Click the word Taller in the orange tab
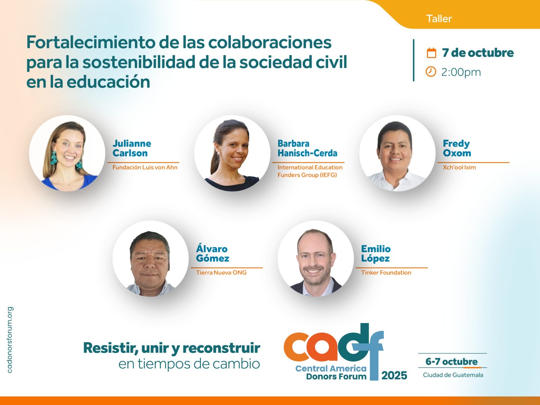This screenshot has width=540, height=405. pos(439,19)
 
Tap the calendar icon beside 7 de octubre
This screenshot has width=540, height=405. pos(431,53)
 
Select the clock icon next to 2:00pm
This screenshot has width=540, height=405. pos(431,72)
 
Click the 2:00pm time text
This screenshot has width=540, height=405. pos(461,72)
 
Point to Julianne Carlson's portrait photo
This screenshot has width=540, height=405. pos(67,154)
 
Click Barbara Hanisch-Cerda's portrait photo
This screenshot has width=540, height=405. pos(232,154)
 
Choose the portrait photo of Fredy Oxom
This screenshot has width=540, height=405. pos(397,154)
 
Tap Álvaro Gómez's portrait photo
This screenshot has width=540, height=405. pos(151,259)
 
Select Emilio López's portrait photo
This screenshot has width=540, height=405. pos(316,259)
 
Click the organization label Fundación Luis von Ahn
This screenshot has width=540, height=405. pos(145,167)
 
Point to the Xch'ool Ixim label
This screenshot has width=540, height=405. pos(459,167)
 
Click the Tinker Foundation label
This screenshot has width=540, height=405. pos(386,272)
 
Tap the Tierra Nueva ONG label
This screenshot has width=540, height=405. pos(221,272)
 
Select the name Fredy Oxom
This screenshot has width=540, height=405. pos(457,148)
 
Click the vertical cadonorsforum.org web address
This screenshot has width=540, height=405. pos(9,340)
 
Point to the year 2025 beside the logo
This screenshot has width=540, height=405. pos(394,376)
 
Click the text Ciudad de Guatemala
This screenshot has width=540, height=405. pos(453,375)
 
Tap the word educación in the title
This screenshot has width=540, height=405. pos(108,82)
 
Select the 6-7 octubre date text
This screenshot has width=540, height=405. pos(452,362)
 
